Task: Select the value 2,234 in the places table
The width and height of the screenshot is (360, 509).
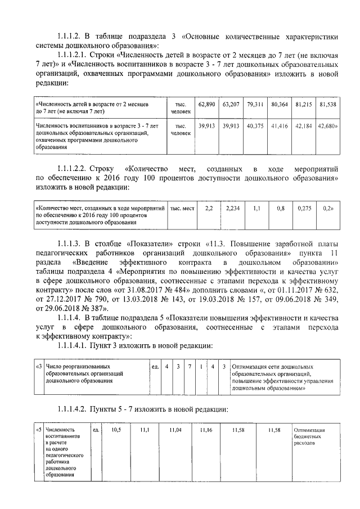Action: (x=232, y=208)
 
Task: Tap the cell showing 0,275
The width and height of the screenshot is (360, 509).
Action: (x=304, y=208)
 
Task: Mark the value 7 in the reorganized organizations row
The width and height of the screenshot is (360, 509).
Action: (x=190, y=367)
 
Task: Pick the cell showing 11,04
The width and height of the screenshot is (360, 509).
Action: (x=175, y=430)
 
